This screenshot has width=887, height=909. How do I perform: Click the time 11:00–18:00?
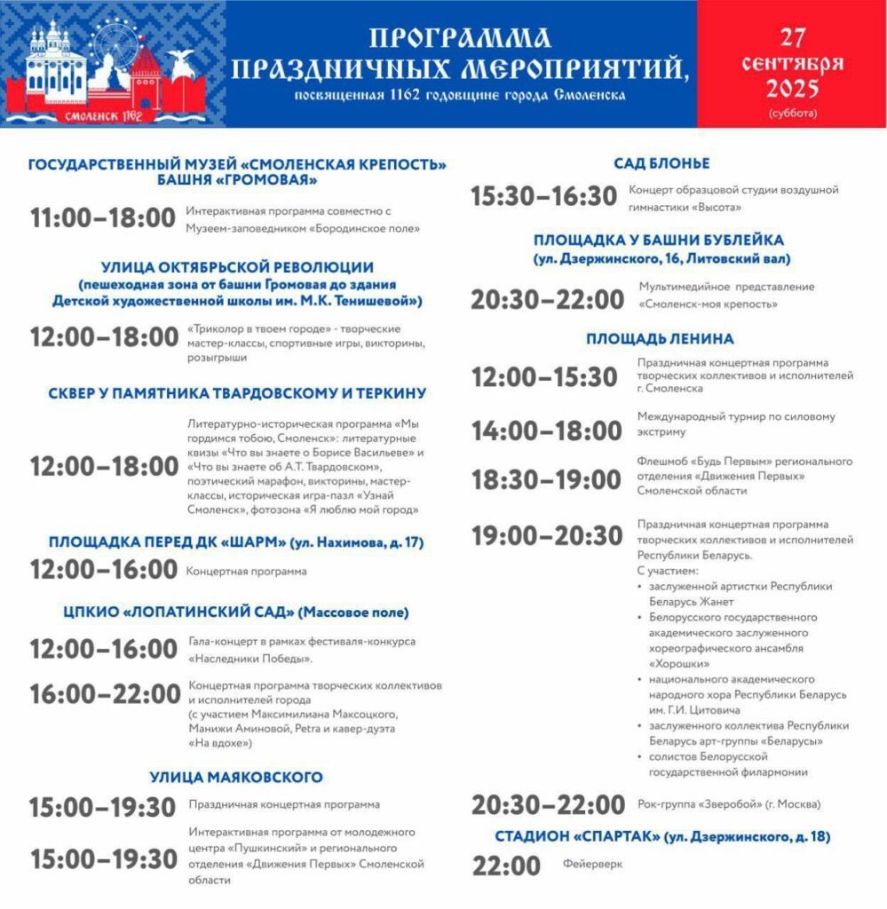(x=103, y=218)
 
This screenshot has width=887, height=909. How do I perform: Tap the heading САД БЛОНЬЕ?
(x=661, y=164)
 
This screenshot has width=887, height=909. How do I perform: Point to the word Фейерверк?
(x=592, y=863)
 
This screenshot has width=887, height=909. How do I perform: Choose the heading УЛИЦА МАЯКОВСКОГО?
(x=236, y=778)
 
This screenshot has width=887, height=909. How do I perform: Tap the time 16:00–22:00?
(x=104, y=693)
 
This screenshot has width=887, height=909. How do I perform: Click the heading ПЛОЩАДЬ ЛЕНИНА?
(x=660, y=338)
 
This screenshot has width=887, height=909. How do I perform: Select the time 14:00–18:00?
(x=546, y=431)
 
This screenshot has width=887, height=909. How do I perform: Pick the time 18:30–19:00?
(x=546, y=480)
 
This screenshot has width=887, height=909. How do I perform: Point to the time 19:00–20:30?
(x=547, y=536)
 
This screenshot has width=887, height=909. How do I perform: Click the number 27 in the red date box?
(x=793, y=37)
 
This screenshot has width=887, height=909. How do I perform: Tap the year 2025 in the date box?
(x=793, y=89)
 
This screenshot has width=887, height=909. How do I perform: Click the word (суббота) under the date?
(x=793, y=114)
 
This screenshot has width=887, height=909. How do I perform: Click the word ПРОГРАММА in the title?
(x=459, y=38)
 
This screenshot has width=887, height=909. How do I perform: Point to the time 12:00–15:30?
(x=544, y=376)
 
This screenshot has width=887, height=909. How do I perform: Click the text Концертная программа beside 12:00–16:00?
(x=246, y=572)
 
